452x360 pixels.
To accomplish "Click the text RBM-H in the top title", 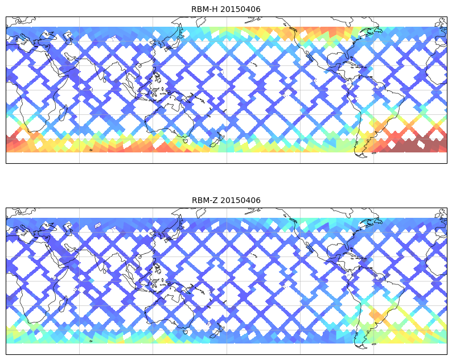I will (x=204, y=9).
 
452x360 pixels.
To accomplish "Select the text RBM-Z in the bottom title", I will (x=204, y=200).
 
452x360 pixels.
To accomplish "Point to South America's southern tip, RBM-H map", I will (x=359, y=154).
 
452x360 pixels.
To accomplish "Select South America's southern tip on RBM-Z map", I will (x=359, y=345).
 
